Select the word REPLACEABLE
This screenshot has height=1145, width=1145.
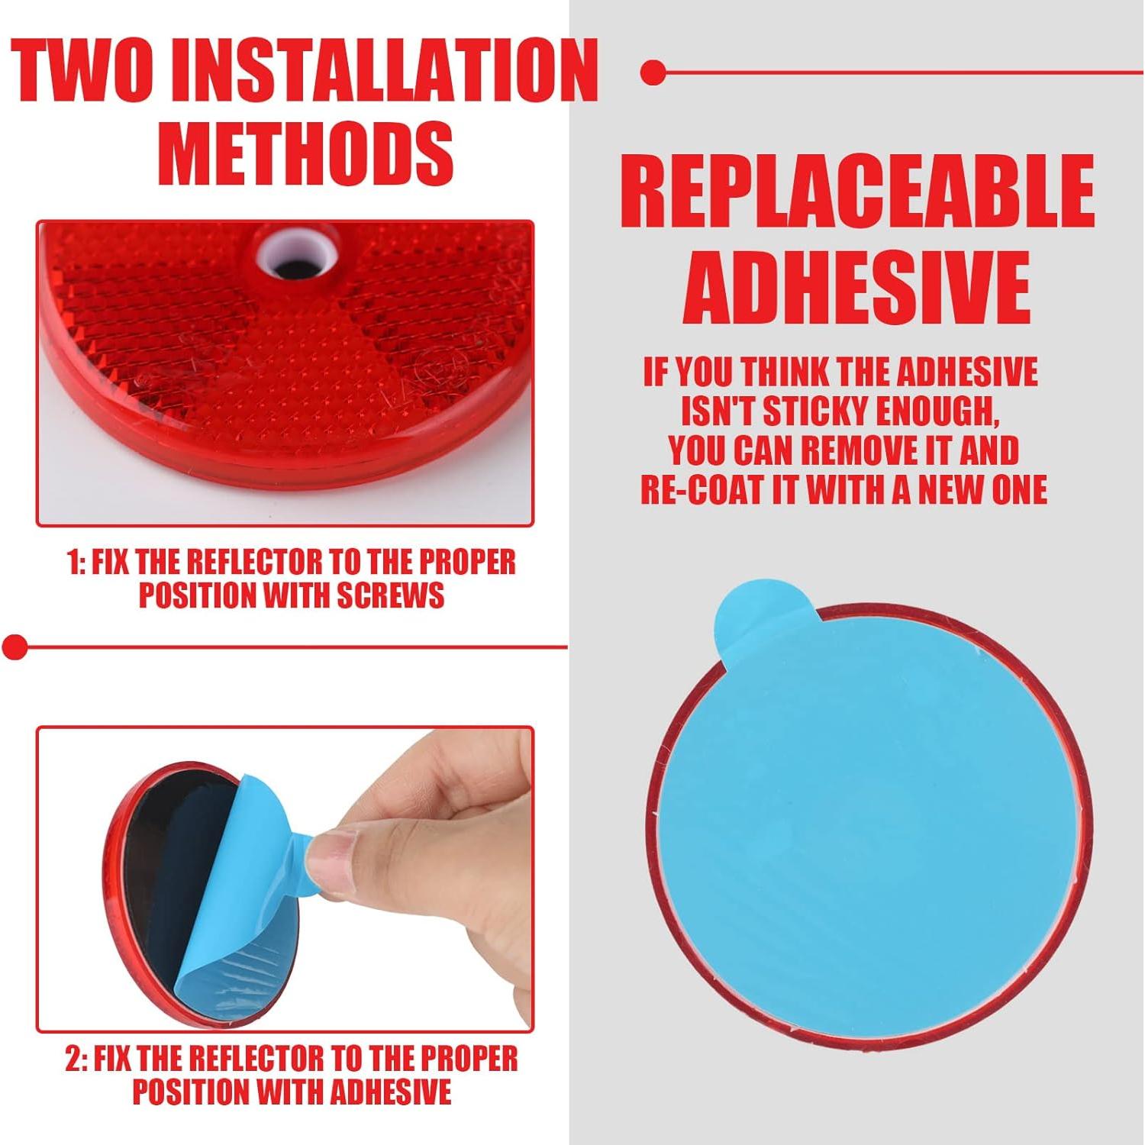[x=856, y=192]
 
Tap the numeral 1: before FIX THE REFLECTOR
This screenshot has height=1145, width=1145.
[x=76, y=563]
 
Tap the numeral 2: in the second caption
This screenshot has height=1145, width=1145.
[x=76, y=1060]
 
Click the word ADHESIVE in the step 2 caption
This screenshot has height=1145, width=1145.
[x=390, y=1092]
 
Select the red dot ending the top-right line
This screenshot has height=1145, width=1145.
[x=653, y=73]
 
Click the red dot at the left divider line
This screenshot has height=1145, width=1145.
[x=15, y=647]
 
